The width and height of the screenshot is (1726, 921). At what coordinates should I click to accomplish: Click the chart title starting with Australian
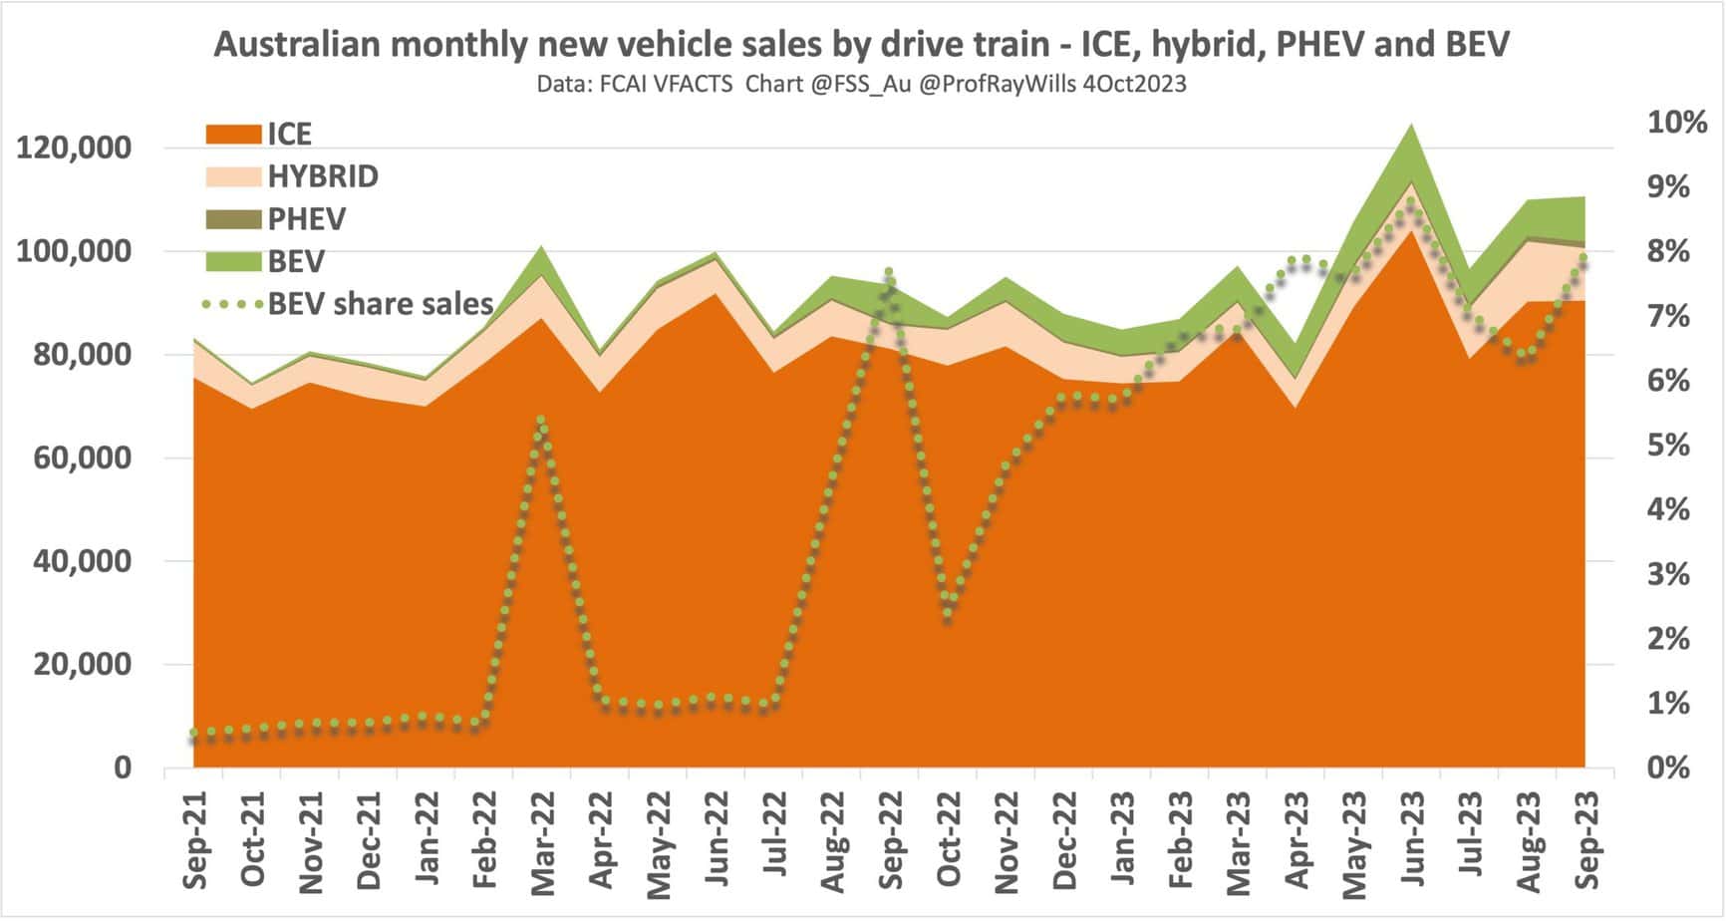pos(862,44)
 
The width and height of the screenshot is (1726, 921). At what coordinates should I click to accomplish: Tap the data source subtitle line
pos(862,85)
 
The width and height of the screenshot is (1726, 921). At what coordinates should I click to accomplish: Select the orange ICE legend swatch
pos(234,134)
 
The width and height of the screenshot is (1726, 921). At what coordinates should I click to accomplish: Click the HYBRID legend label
pos(323,176)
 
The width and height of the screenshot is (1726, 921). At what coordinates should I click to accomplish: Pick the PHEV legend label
pos(307,219)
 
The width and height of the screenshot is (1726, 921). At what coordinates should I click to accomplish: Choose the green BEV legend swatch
pos(234,262)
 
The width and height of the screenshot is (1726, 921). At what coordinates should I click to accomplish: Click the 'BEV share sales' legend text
pos(381,303)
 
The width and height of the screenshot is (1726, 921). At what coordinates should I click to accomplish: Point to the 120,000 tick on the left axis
pos(75,148)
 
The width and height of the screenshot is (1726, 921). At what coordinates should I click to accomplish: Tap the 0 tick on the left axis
pos(123,767)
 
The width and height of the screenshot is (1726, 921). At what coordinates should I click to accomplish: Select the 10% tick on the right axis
pos(1678,123)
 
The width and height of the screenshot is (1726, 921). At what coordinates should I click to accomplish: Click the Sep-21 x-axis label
pos(195,839)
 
